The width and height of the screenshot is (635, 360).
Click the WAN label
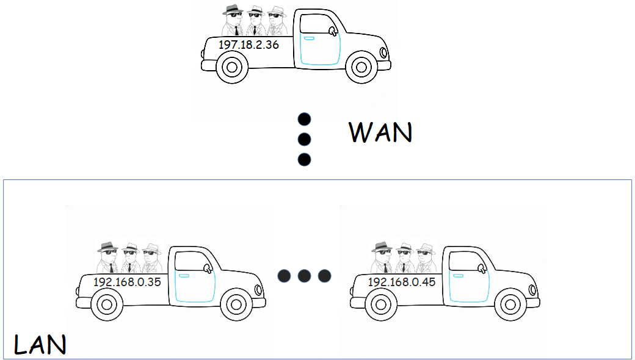pos(380,132)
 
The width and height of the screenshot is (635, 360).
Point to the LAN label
pos(40,345)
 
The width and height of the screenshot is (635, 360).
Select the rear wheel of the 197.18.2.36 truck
pos(233,67)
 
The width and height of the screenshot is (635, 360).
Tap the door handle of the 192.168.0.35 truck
pos(184,276)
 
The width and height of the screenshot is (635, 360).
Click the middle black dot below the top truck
pos(304,139)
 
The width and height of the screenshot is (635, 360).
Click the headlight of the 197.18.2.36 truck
pos(383,52)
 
